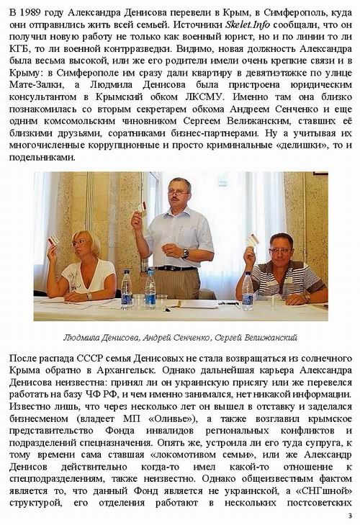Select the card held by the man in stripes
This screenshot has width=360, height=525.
tap(253, 240)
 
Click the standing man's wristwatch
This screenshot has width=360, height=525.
tap(185, 253)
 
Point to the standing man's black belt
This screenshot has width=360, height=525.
tap(174, 268)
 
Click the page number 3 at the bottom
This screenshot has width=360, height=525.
tap(348, 516)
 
